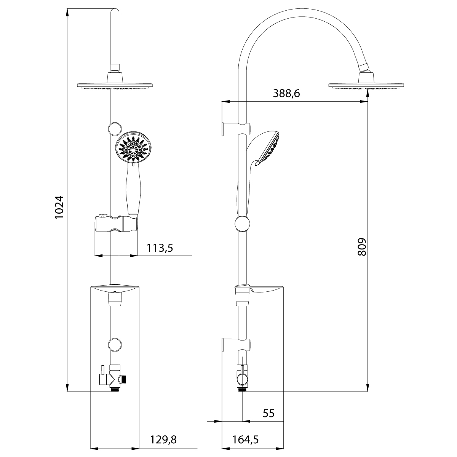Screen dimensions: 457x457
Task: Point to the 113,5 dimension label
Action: click(x=160, y=248)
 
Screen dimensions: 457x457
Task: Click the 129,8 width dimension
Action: click(x=163, y=439)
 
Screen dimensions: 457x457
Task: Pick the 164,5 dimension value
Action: click(x=245, y=439)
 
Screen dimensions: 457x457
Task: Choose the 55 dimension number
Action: click(x=268, y=413)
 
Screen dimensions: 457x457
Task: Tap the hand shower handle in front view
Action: click(x=132, y=190)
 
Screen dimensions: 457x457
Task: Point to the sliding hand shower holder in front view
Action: click(x=115, y=224)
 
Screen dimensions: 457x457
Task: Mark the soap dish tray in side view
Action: click(x=267, y=290)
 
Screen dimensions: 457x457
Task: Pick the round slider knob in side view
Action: click(x=243, y=224)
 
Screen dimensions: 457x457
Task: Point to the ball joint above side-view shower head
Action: click(x=364, y=69)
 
